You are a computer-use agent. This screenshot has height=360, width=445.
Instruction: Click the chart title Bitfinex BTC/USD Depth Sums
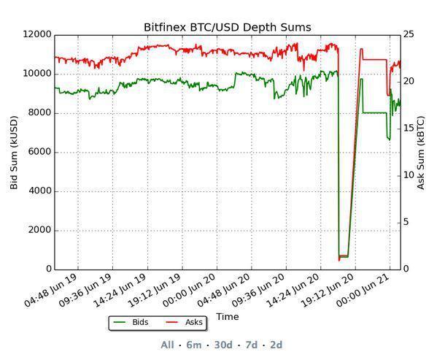coord(227,28)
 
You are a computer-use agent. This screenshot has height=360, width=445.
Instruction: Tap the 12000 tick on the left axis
coord(37,34)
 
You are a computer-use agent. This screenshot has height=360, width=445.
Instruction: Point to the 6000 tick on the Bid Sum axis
coord(40,152)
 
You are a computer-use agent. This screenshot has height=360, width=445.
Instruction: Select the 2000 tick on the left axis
coord(40,230)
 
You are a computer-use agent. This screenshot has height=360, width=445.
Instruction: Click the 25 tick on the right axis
coord(409,34)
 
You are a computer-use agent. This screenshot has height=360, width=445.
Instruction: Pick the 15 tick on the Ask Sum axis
coord(409,129)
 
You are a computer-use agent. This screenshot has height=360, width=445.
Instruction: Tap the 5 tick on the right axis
coord(406,222)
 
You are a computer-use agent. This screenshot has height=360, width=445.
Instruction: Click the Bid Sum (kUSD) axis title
coord(14,152)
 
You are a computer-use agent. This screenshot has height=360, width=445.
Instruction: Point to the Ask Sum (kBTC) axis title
coord(421,152)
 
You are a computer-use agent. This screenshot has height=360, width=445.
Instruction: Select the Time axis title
coord(227,316)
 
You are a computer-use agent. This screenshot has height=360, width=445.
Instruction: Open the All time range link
coord(167,345)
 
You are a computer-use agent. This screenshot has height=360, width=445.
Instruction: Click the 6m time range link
coord(194,345)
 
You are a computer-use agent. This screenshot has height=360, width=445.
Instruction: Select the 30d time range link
coord(223,345)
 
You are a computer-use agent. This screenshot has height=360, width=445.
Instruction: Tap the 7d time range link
coord(251,345)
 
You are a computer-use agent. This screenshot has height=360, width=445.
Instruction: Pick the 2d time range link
coord(276,345)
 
